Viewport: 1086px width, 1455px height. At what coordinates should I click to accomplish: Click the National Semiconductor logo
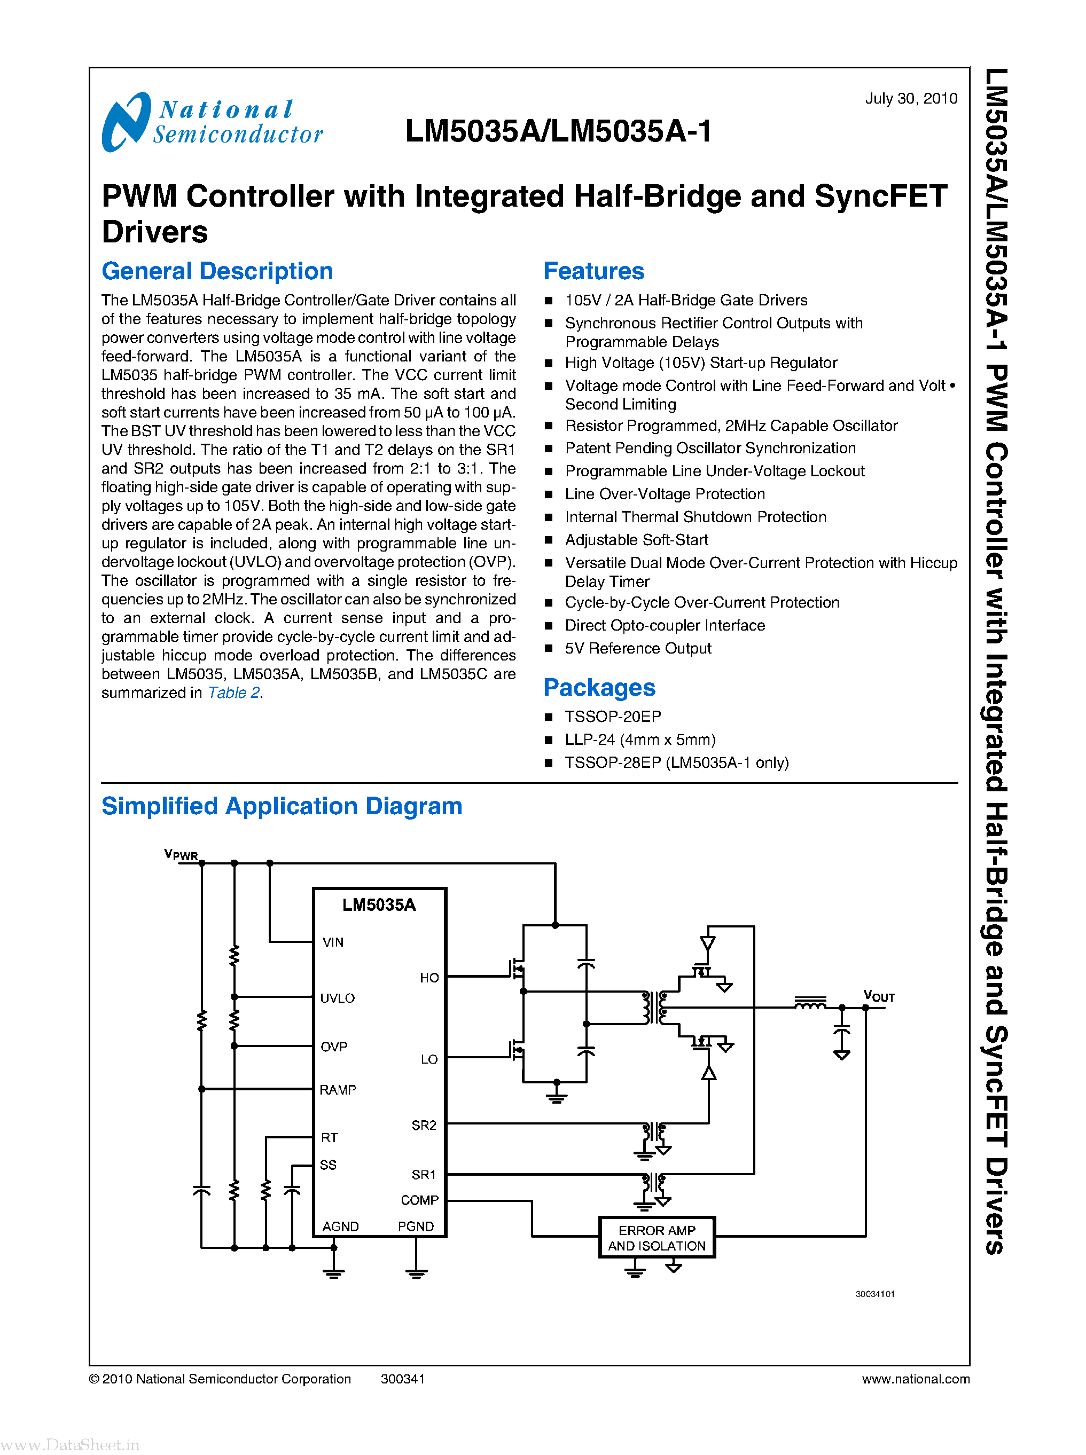(212, 122)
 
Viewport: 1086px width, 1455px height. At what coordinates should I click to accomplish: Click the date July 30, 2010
(910, 99)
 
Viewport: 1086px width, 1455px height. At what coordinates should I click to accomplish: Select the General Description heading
(217, 271)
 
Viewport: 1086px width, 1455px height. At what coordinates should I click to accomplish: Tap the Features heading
(593, 271)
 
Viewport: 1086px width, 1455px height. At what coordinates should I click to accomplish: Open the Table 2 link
(234, 693)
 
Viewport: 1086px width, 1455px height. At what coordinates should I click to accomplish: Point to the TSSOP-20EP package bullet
(612, 717)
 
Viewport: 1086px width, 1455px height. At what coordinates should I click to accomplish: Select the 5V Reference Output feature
(638, 648)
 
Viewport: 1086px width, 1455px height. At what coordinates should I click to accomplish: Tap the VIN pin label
(333, 942)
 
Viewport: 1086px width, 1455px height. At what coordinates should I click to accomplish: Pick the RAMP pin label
(337, 1090)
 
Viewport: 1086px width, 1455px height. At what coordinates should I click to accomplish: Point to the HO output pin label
(428, 977)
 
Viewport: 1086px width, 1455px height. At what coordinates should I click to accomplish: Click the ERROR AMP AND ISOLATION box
(656, 1238)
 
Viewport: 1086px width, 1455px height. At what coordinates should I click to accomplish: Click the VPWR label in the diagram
(181, 854)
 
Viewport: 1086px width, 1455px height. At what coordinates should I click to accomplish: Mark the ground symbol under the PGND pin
(416, 1273)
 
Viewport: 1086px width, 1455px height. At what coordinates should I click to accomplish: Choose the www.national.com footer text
(915, 1379)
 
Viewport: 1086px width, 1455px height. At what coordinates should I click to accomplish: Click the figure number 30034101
(874, 1293)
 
